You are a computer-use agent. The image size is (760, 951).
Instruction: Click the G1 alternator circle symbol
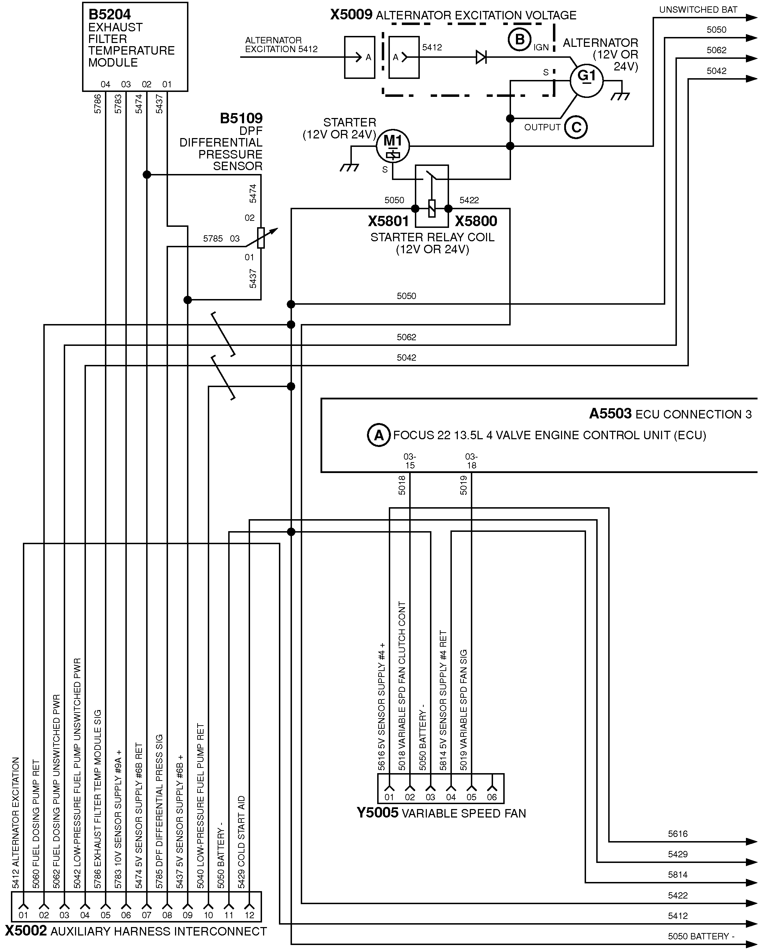[x=586, y=81]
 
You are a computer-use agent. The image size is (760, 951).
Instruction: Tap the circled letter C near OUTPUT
[x=576, y=127]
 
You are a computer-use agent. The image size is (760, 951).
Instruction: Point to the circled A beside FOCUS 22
[x=379, y=435]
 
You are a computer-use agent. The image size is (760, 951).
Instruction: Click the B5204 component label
[x=110, y=14]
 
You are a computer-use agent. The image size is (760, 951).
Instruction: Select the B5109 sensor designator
[x=241, y=118]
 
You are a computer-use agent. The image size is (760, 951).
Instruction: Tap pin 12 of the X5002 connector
[x=249, y=915]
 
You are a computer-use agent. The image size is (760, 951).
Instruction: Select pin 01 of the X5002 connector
[x=23, y=915]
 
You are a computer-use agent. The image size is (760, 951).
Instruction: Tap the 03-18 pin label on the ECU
[x=472, y=461]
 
